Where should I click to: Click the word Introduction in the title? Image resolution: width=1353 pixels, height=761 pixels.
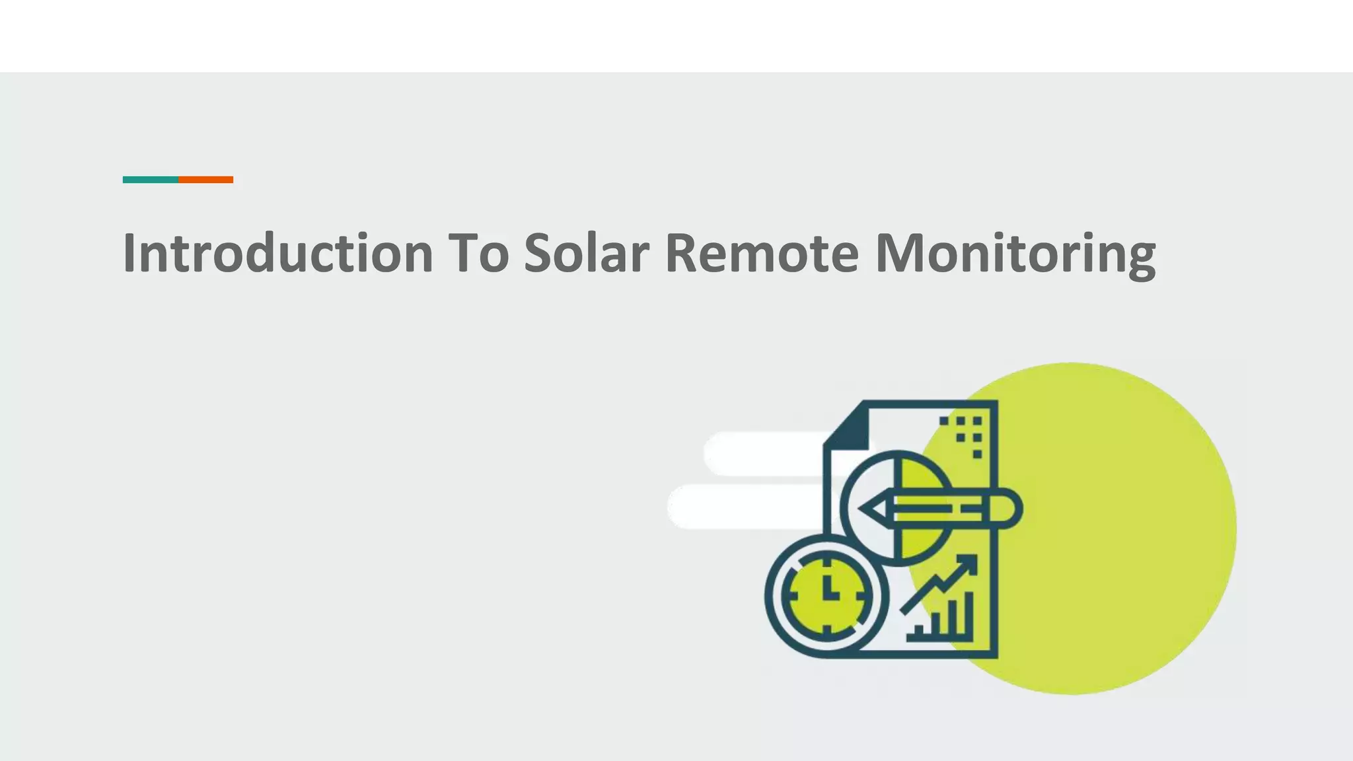point(278,253)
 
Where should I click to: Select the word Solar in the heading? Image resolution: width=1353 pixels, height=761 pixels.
point(587,253)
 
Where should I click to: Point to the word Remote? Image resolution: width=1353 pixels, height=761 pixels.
point(761,253)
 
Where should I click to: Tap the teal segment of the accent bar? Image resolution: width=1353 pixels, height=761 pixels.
point(151,180)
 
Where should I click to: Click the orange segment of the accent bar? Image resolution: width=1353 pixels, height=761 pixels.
point(205,180)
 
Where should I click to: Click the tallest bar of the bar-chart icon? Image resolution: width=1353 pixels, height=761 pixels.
point(968,614)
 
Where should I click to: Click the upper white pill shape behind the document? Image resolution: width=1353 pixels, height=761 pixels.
point(760,454)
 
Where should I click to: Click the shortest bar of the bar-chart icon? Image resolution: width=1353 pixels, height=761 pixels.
point(919,632)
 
